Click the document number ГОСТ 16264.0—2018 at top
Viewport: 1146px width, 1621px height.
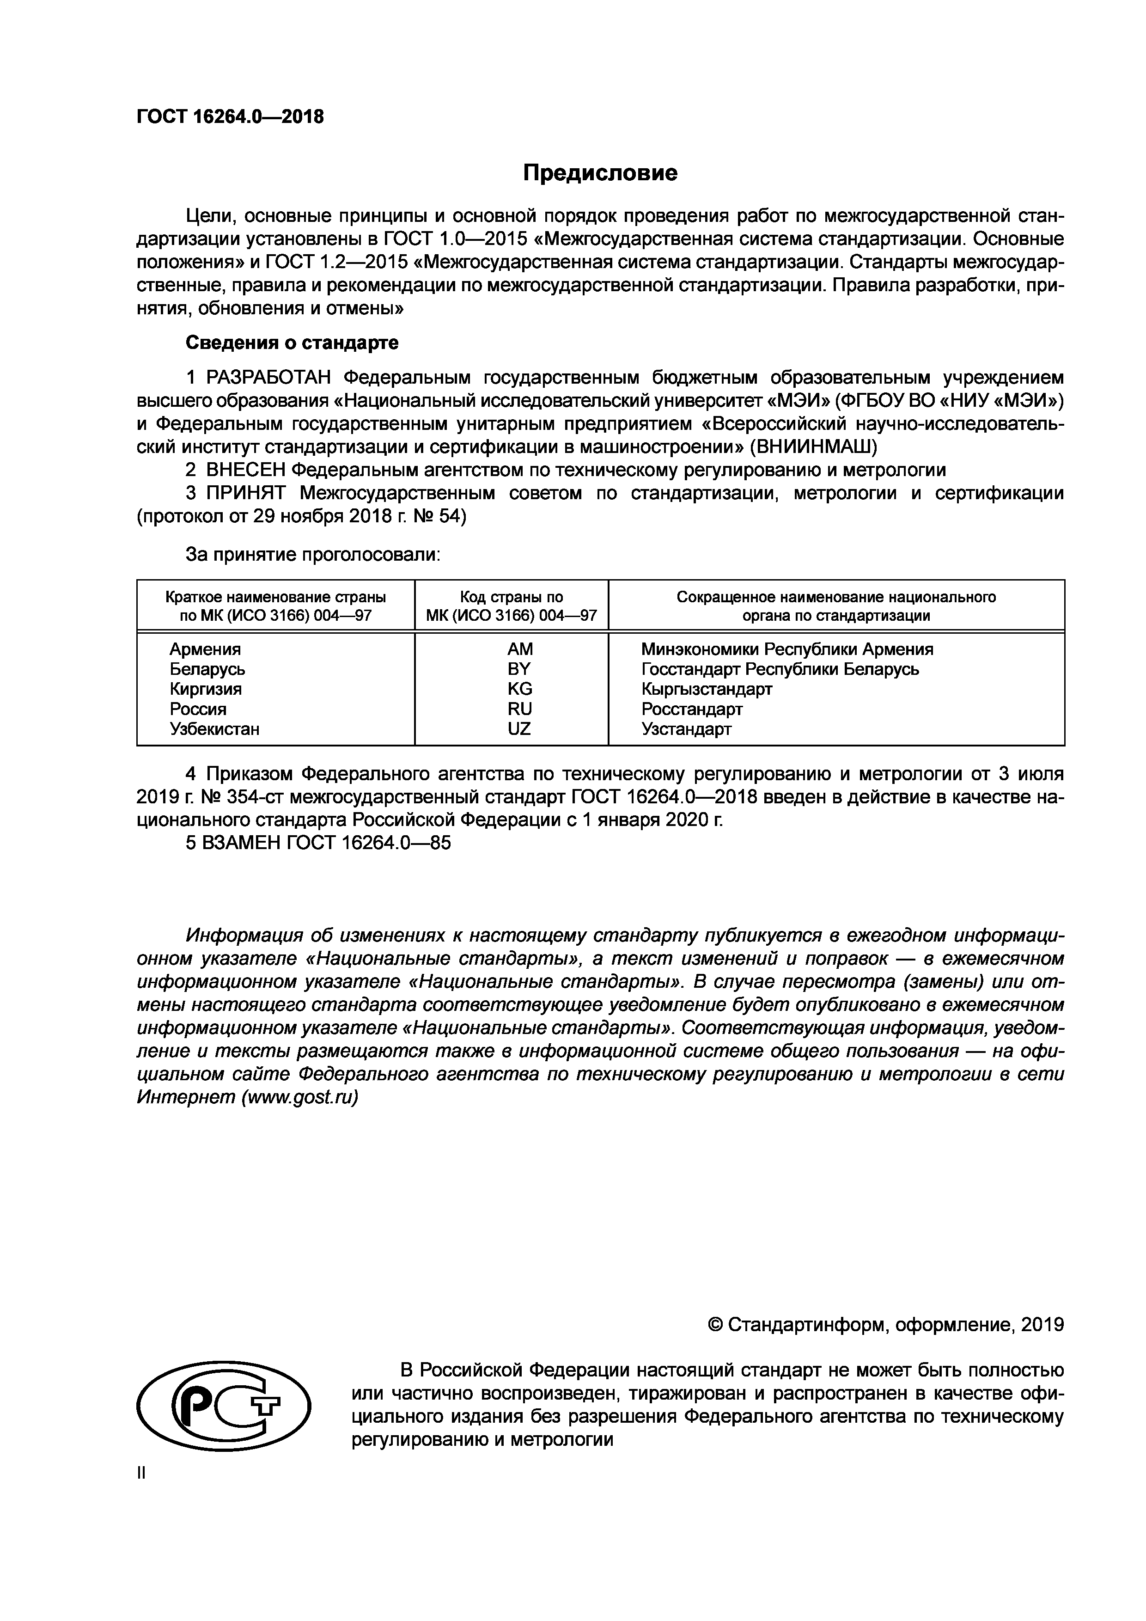pos(230,116)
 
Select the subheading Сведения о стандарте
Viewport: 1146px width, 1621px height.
pos(292,343)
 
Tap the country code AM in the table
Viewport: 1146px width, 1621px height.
pos(520,649)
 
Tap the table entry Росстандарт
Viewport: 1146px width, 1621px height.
pos(692,709)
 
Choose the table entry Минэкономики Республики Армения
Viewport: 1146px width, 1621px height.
pos(787,649)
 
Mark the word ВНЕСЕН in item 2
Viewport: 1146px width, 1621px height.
pos(246,470)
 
